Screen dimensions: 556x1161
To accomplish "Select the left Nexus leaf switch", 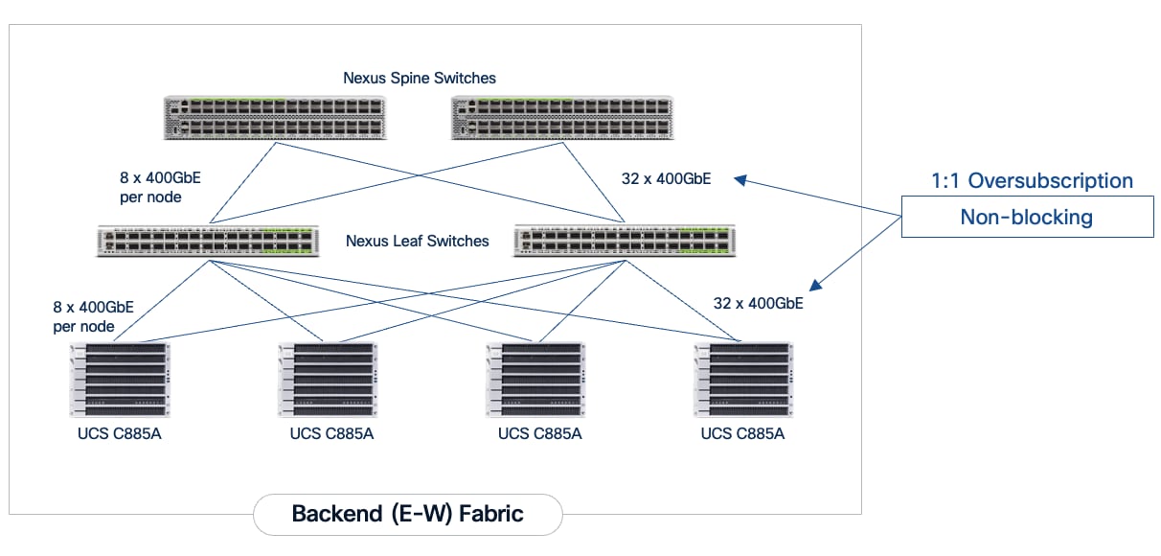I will (x=207, y=242).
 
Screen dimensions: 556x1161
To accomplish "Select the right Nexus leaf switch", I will (x=624, y=242).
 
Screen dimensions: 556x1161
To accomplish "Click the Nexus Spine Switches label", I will (x=420, y=78).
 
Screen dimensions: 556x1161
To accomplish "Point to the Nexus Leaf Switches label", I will (x=418, y=241).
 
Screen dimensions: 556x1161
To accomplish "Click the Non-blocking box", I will (x=1026, y=217).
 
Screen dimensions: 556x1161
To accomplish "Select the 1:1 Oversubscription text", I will (x=1032, y=180).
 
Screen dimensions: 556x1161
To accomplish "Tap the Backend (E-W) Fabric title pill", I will (x=407, y=514).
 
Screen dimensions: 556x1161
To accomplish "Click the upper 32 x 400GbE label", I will (x=666, y=177).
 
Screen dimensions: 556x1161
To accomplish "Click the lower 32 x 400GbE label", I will (x=758, y=303).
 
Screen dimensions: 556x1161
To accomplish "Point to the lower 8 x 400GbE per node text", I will (x=94, y=316).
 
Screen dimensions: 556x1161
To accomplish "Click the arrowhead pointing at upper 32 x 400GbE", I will (x=740, y=179).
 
